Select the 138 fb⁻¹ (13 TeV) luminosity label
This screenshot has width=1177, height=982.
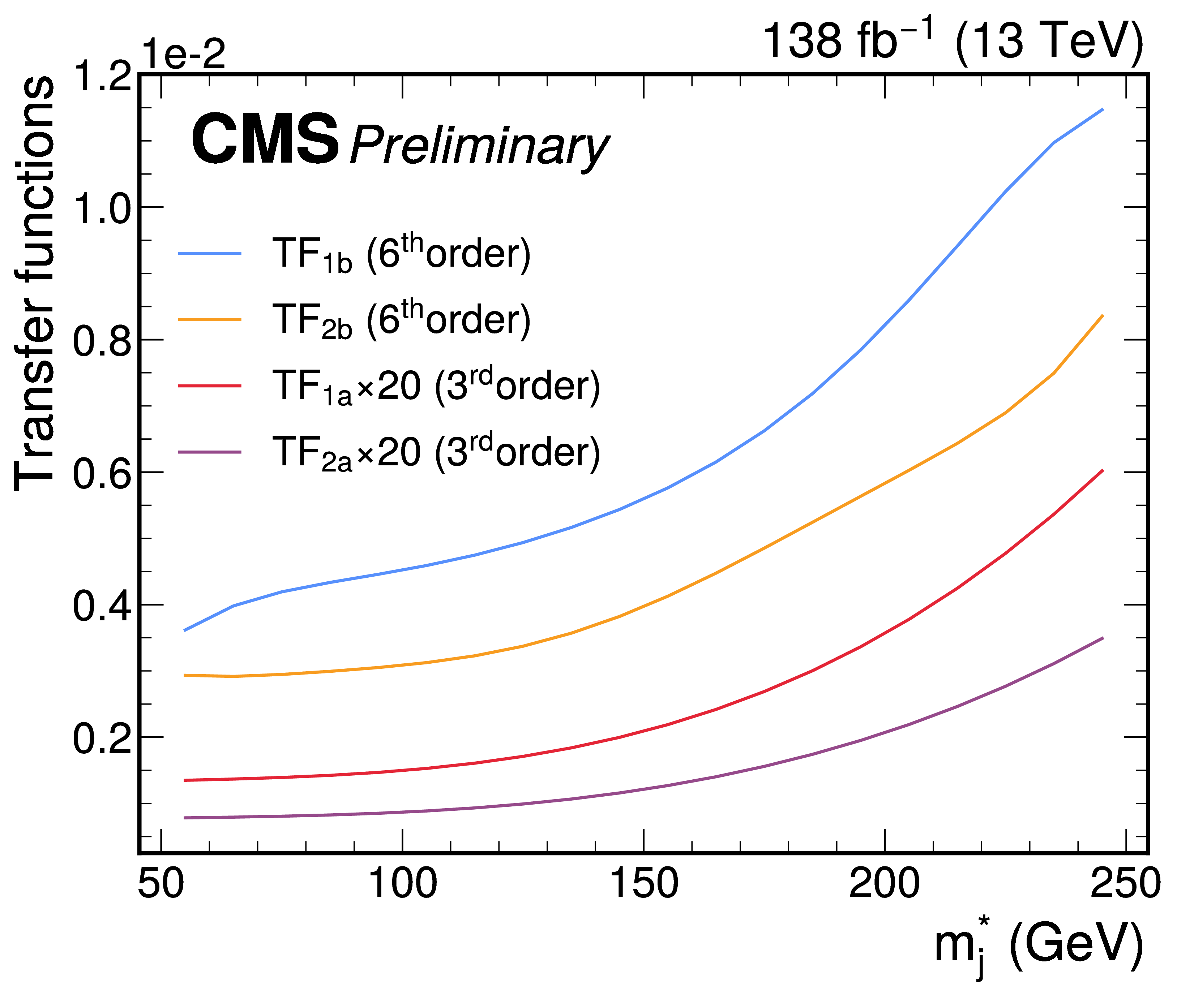tap(953, 40)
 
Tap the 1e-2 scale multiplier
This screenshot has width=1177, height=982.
tap(184, 54)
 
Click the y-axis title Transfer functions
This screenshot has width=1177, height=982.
tap(35, 283)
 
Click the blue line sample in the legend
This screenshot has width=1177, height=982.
tap(210, 254)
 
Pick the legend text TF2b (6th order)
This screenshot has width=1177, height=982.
tap(401, 319)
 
